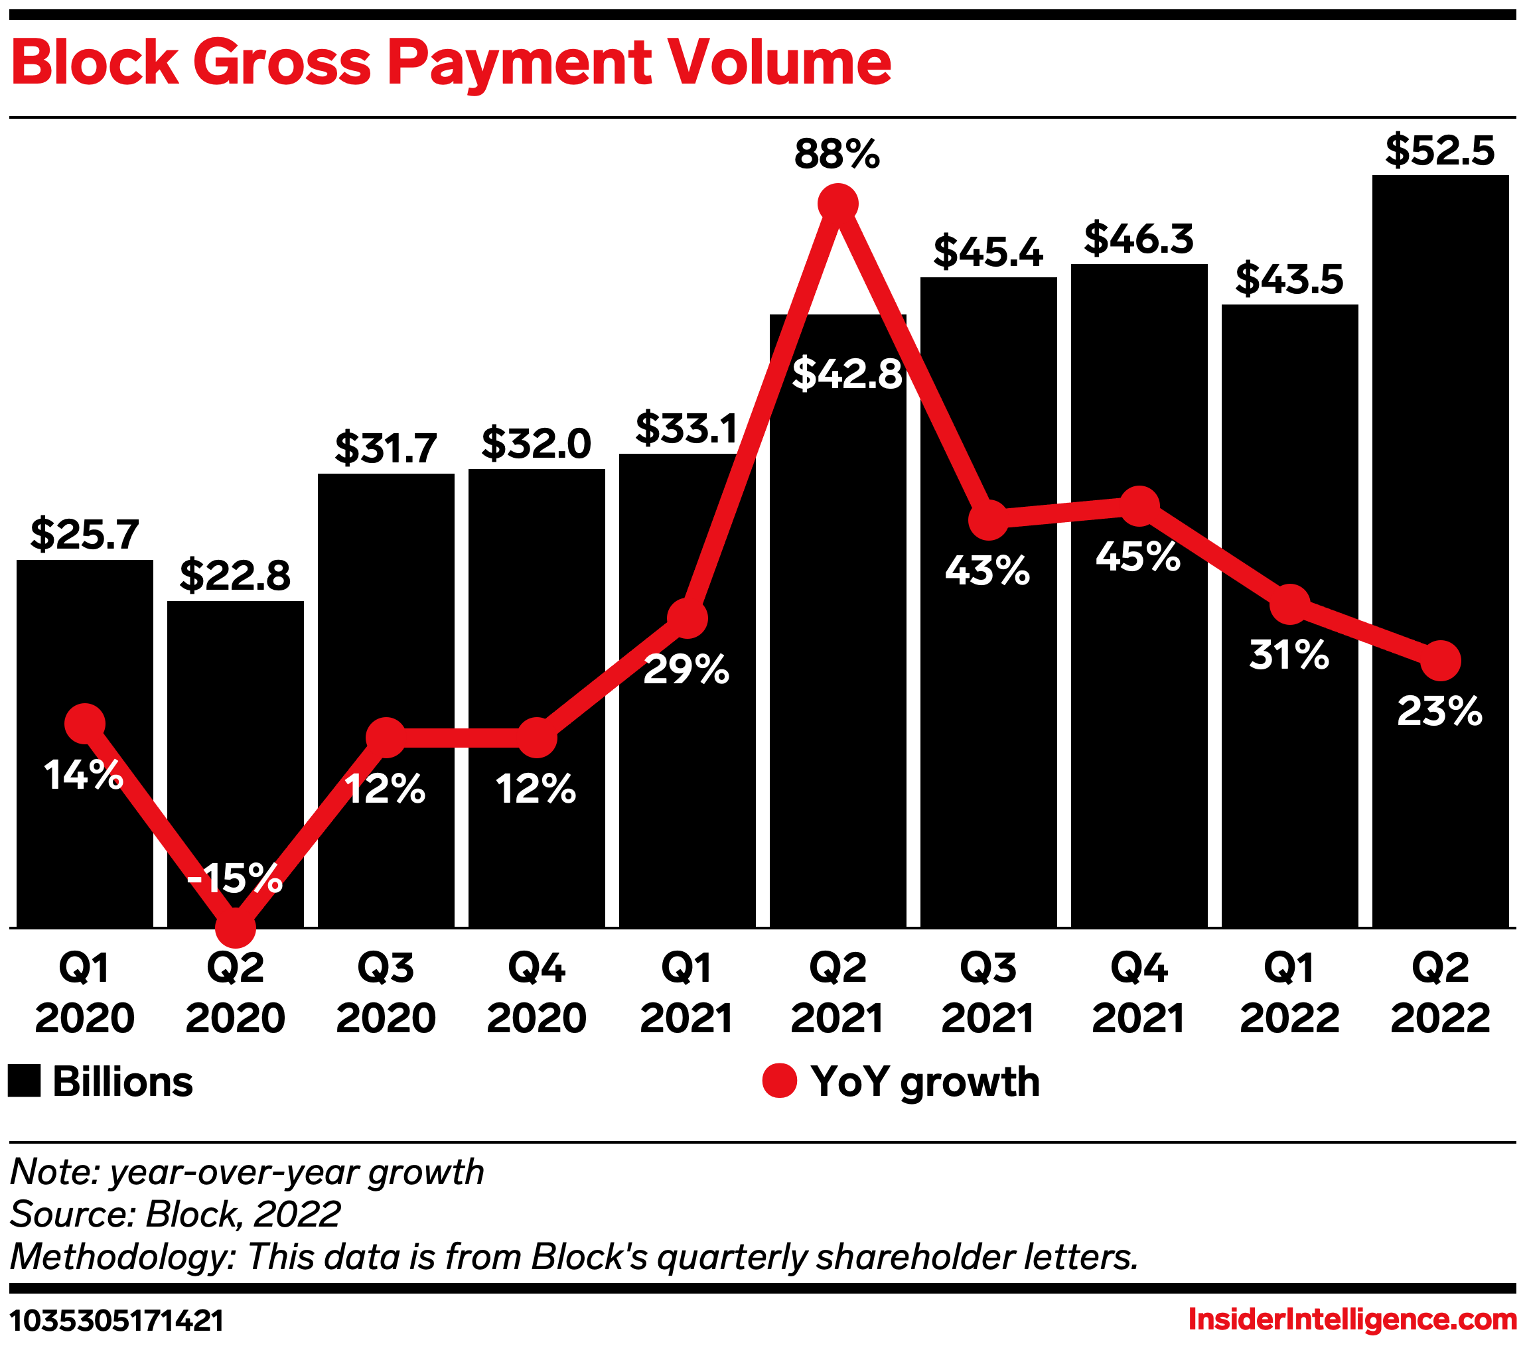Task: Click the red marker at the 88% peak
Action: click(838, 204)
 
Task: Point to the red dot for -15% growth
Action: click(235, 927)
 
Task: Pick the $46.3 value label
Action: click(1139, 239)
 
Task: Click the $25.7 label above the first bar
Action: click(84, 534)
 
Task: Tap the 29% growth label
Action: click(686, 669)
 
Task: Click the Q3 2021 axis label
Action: click(988, 994)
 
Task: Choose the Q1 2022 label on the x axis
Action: click(1289, 994)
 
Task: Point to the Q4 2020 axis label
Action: click(536, 994)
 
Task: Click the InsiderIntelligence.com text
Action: click(1352, 1319)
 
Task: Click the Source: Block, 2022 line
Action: click(175, 1214)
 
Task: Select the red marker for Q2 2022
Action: click(1440, 661)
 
